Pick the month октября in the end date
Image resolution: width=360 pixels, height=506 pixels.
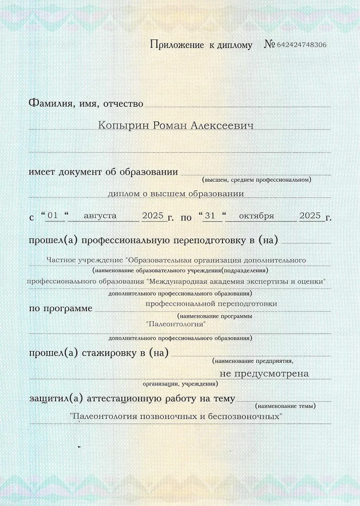click(256, 216)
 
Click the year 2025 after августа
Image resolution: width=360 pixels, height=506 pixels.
click(152, 216)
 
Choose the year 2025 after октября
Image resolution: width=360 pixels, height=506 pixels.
click(310, 216)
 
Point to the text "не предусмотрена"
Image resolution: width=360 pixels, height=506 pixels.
click(265, 373)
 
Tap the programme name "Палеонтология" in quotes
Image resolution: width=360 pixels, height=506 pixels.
click(175, 323)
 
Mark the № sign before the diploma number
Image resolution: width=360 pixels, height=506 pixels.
click(269, 45)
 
